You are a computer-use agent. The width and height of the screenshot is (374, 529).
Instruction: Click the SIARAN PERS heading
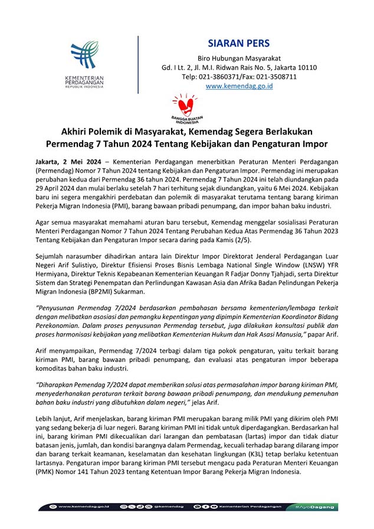[239, 44]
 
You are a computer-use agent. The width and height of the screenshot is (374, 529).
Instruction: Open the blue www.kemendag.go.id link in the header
[239, 86]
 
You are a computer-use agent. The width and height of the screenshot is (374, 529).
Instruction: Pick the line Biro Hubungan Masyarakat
[239, 58]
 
